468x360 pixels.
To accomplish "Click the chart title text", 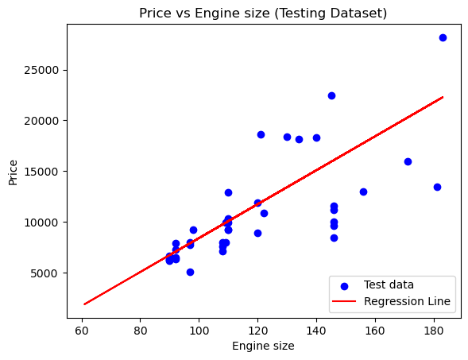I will point(263,14).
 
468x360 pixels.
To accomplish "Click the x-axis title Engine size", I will point(263,346).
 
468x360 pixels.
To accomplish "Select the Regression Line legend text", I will point(407,301).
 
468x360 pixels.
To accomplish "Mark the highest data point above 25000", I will point(443,37).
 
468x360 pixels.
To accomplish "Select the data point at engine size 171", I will point(408,161).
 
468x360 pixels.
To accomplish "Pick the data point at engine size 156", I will point(363,192).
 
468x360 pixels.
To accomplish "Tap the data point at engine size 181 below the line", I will point(437,187).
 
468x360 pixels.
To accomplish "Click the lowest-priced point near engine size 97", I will point(190,272).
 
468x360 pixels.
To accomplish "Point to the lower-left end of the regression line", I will point(85,304).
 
